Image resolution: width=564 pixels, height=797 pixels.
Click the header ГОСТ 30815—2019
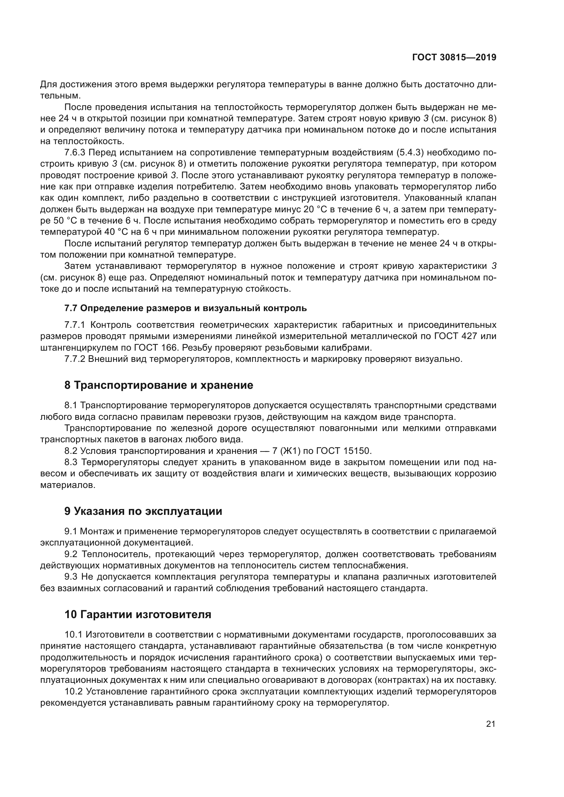coord(454,58)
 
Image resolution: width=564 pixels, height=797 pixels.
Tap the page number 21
coord(490,724)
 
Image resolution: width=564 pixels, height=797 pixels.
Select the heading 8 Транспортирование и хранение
coord(159,385)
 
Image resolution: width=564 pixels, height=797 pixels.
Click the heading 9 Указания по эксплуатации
coord(143,511)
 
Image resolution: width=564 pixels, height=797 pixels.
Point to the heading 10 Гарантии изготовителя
coord(138,614)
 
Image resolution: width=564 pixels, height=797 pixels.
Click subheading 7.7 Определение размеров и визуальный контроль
coord(185,308)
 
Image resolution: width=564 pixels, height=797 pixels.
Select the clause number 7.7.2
coord(75,359)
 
